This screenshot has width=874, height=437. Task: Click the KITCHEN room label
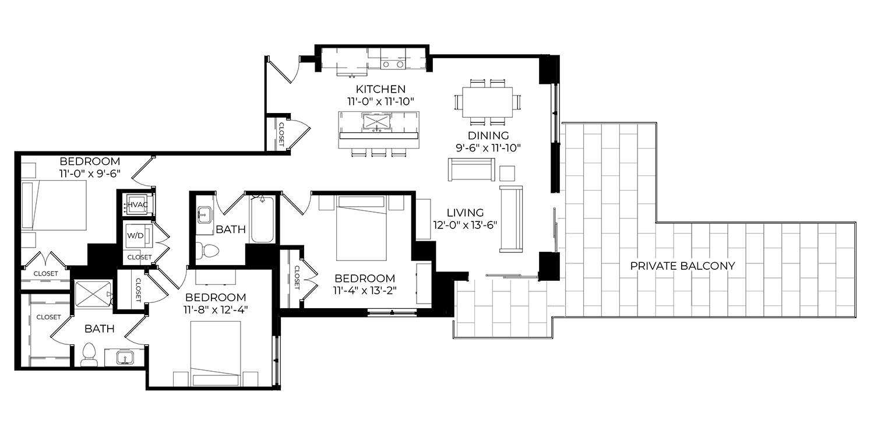point(380,89)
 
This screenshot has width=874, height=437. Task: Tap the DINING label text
point(488,135)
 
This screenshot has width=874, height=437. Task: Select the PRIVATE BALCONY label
point(682,266)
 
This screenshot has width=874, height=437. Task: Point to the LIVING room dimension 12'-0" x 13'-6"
point(465,225)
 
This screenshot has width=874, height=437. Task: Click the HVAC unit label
point(138,205)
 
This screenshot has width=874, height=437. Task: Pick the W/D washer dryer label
point(135,235)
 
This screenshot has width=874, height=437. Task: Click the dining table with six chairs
point(487,102)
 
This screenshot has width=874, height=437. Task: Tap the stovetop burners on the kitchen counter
point(393,64)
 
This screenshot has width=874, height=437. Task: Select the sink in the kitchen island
point(376,121)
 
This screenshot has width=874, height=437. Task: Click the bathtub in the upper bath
point(262,219)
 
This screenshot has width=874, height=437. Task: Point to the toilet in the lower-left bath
point(89,354)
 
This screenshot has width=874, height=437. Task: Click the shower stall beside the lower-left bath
point(93,294)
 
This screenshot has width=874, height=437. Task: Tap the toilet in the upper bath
point(207,251)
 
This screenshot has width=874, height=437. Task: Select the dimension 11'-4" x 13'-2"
point(365,291)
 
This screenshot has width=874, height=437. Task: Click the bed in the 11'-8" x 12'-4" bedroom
point(216,354)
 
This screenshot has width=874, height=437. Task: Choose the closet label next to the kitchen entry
point(280,135)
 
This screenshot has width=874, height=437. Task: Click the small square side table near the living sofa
point(507,173)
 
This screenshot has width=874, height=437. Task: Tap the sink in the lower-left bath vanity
point(125,357)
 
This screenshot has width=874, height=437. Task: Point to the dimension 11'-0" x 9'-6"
point(90,174)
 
